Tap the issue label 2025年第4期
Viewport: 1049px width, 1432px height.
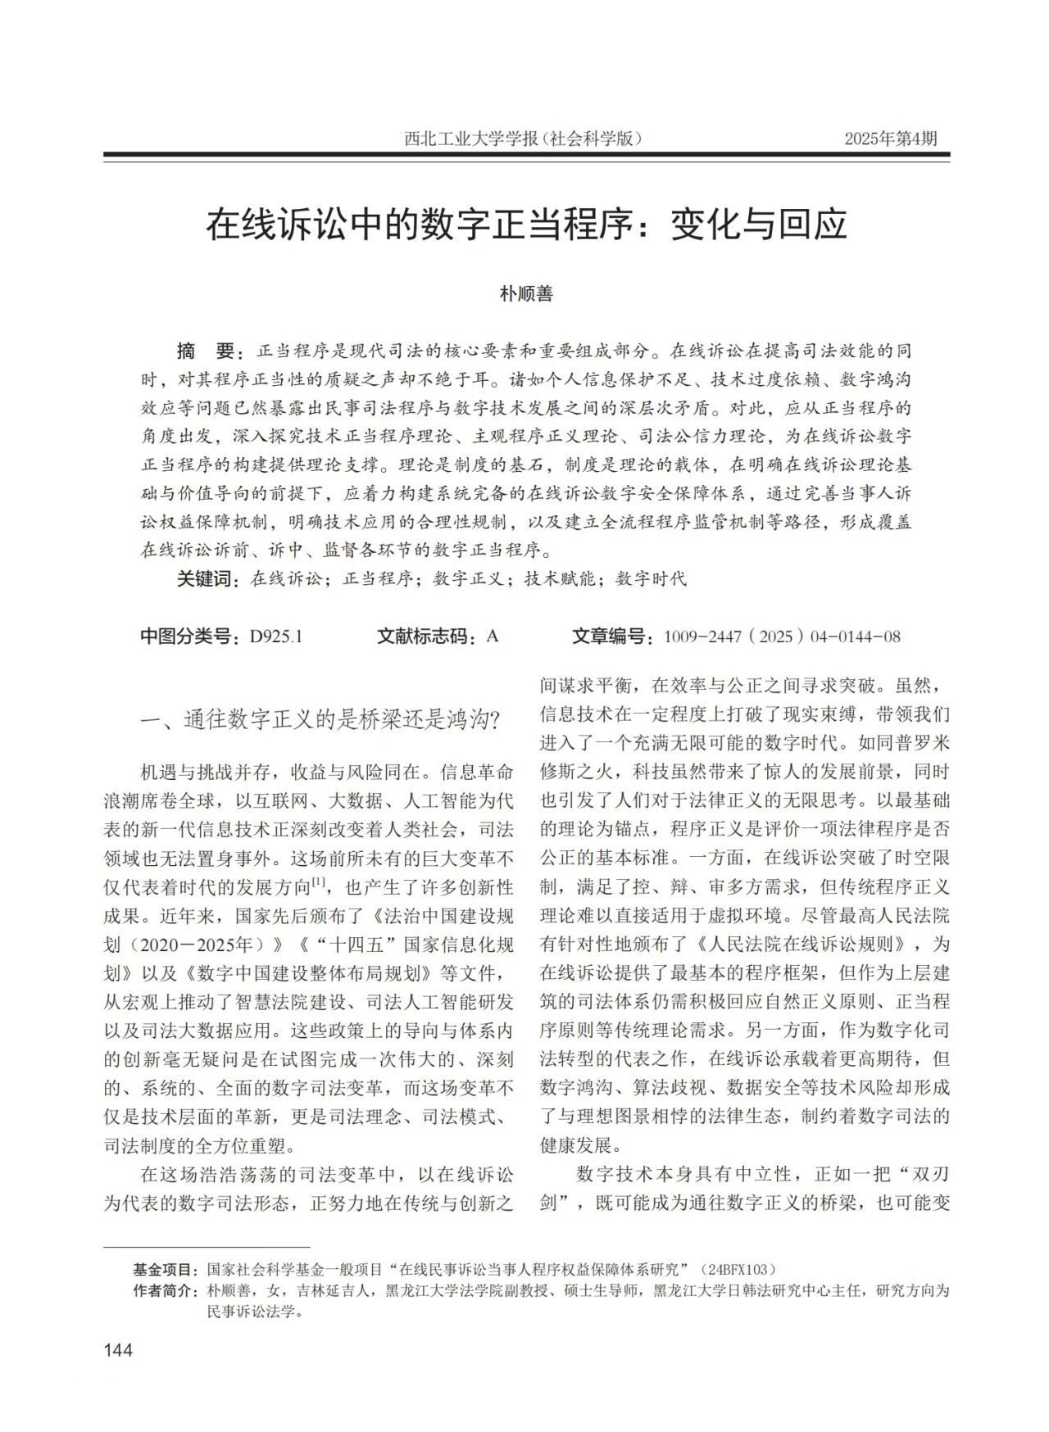pyautogui.click(x=891, y=138)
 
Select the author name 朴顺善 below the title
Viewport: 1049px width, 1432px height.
pyautogui.click(x=526, y=293)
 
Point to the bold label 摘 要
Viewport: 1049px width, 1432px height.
pyautogui.click(x=206, y=351)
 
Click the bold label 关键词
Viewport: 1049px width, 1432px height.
pyautogui.click(x=206, y=579)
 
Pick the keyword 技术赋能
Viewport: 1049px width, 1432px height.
pyautogui.click(x=558, y=579)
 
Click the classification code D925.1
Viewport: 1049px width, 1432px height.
pyautogui.click(x=276, y=637)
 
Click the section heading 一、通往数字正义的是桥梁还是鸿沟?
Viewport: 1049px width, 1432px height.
pyautogui.click(x=320, y=720)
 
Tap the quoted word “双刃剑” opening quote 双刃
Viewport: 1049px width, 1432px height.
pyautogui.click(x=922, y=1174)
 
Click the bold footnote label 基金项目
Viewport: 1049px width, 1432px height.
pyautogui.click(x=165, y=1270)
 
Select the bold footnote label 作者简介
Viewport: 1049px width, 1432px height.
pyautogui.click(x=165, y=1290)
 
